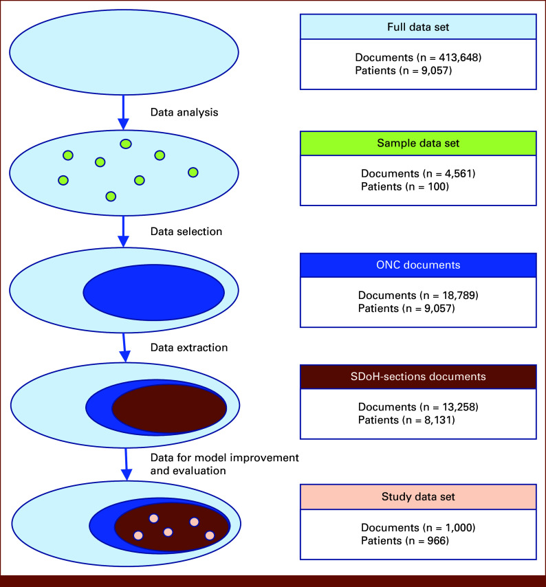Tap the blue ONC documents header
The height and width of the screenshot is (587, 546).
pos(417,265)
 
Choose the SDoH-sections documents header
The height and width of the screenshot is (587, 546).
pos(417,377)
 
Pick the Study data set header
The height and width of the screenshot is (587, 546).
pos(417,496)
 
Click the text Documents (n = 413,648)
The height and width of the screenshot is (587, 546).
pos(417,58)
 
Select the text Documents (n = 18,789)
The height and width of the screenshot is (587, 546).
pos(417,296)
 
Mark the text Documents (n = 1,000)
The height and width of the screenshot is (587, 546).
pos(417,527)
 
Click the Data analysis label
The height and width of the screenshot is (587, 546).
pos(184,112)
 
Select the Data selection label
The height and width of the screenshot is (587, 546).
pos(186,232)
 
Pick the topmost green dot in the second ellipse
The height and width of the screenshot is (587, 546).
pos(126,144)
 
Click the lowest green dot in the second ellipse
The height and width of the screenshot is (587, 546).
pos(111,197)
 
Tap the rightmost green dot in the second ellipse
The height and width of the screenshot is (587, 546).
pos(193,172)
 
